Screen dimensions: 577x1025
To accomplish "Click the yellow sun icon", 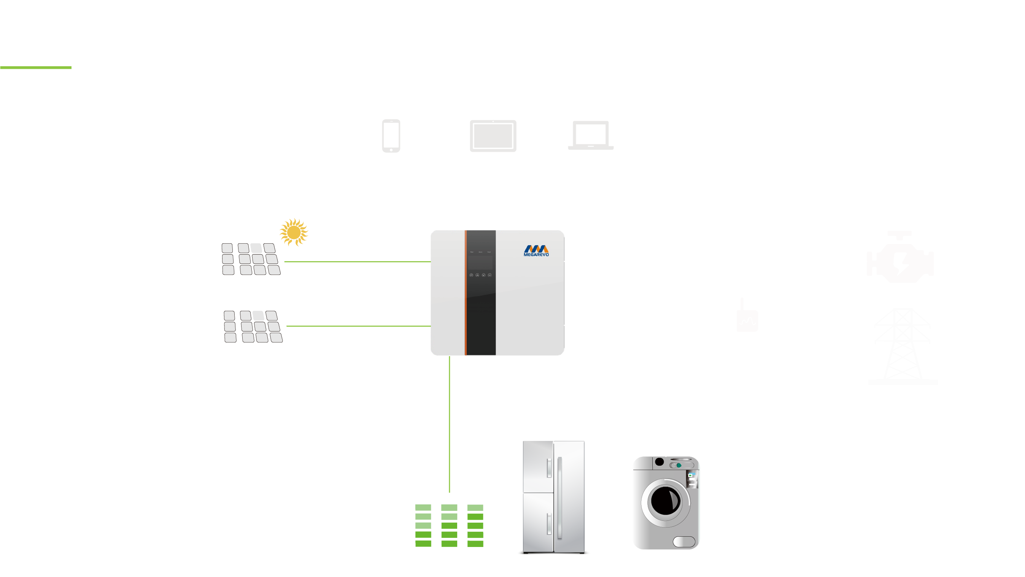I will (x=294, y=232).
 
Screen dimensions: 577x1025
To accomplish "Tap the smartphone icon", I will (x=391, y=136).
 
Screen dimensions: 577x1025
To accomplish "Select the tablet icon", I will (x=493, y=136).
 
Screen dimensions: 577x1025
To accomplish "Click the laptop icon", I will (x=591, y=135).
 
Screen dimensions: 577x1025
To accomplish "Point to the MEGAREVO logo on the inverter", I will (x=536, y=250).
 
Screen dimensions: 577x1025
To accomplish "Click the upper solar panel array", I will (x=251, y=259).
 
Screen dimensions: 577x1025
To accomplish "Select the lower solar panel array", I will (x=253, y=327).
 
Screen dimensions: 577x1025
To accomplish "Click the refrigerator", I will (x=553, y=497).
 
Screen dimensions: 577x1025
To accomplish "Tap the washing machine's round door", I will (x=665, y=502).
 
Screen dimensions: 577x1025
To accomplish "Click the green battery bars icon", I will (x=449, y=525).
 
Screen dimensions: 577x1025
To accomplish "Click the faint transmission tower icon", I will (x=903, y=346).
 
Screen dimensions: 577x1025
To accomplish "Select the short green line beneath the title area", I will (x=36, y=68).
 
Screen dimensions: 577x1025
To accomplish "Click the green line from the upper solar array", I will (x=357, y=262).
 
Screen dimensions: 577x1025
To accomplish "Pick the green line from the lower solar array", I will (x=358, y=326).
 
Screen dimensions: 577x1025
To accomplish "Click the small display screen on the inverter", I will (x=480, y=262).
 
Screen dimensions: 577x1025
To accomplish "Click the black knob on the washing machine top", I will (x=659, y=462).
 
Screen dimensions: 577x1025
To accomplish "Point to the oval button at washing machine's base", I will (x=683, y=542).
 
